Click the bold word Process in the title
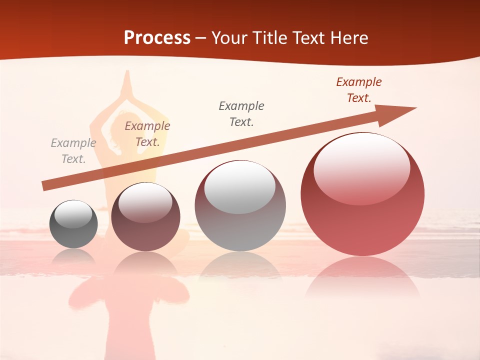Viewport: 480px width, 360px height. point(157,38)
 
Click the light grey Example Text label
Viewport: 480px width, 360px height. point(73,151)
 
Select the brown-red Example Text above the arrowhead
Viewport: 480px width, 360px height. point(359,90)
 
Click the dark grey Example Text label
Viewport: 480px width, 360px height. point(241,113)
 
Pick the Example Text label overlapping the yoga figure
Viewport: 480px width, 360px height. point(147,134)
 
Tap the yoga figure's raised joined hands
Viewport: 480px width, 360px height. point(127,80)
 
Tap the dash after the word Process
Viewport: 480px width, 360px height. point(201,38)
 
